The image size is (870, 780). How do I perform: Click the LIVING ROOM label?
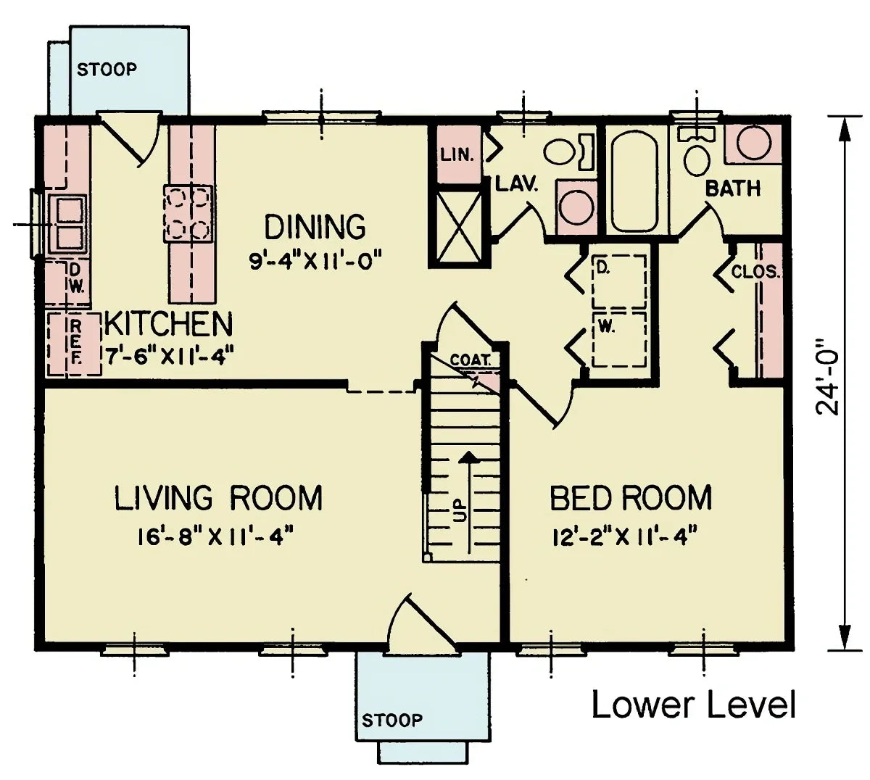click(218, 499)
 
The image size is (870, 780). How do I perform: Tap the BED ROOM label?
click(631, 499)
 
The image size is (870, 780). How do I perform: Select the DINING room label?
click(315, 227)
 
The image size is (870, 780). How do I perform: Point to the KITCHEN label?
click(168, 324)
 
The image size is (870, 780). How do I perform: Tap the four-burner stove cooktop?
click(188, 213)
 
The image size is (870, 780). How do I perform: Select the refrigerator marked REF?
click(74, 344)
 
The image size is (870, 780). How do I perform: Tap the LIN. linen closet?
click(457, 155)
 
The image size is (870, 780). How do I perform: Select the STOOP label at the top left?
click(107, 70)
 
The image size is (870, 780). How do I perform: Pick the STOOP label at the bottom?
click(391, 720)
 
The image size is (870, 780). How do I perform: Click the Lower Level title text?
click(694, 705)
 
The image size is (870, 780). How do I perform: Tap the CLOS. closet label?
click(754, 273)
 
